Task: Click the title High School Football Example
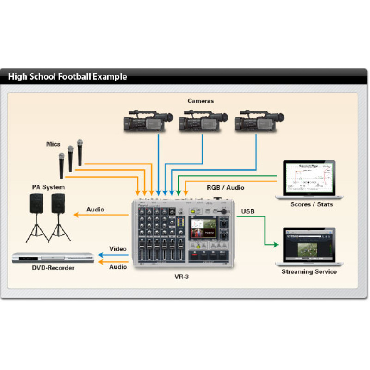68,77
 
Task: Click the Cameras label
201,101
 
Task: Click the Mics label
53,144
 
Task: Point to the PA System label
49,187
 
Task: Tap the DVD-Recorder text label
53,268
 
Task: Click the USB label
247,211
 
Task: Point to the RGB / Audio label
225,187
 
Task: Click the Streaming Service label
309,271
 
